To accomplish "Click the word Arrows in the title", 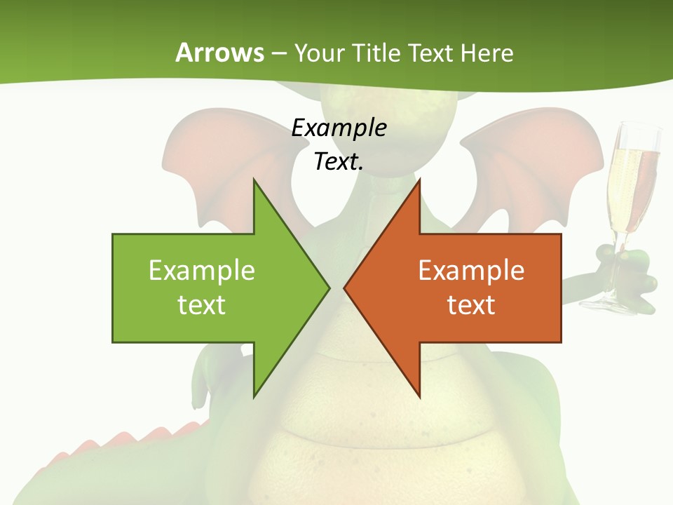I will tap(219, 53).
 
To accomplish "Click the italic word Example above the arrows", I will tap(339, 128).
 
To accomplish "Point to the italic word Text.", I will tap(339, 162).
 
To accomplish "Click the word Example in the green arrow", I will tap(201, 270).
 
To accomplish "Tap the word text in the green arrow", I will tap(201, 304).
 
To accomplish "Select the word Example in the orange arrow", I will tap(471, 270).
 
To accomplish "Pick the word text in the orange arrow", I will tap(471, 304).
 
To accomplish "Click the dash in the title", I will tap(279, 53).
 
